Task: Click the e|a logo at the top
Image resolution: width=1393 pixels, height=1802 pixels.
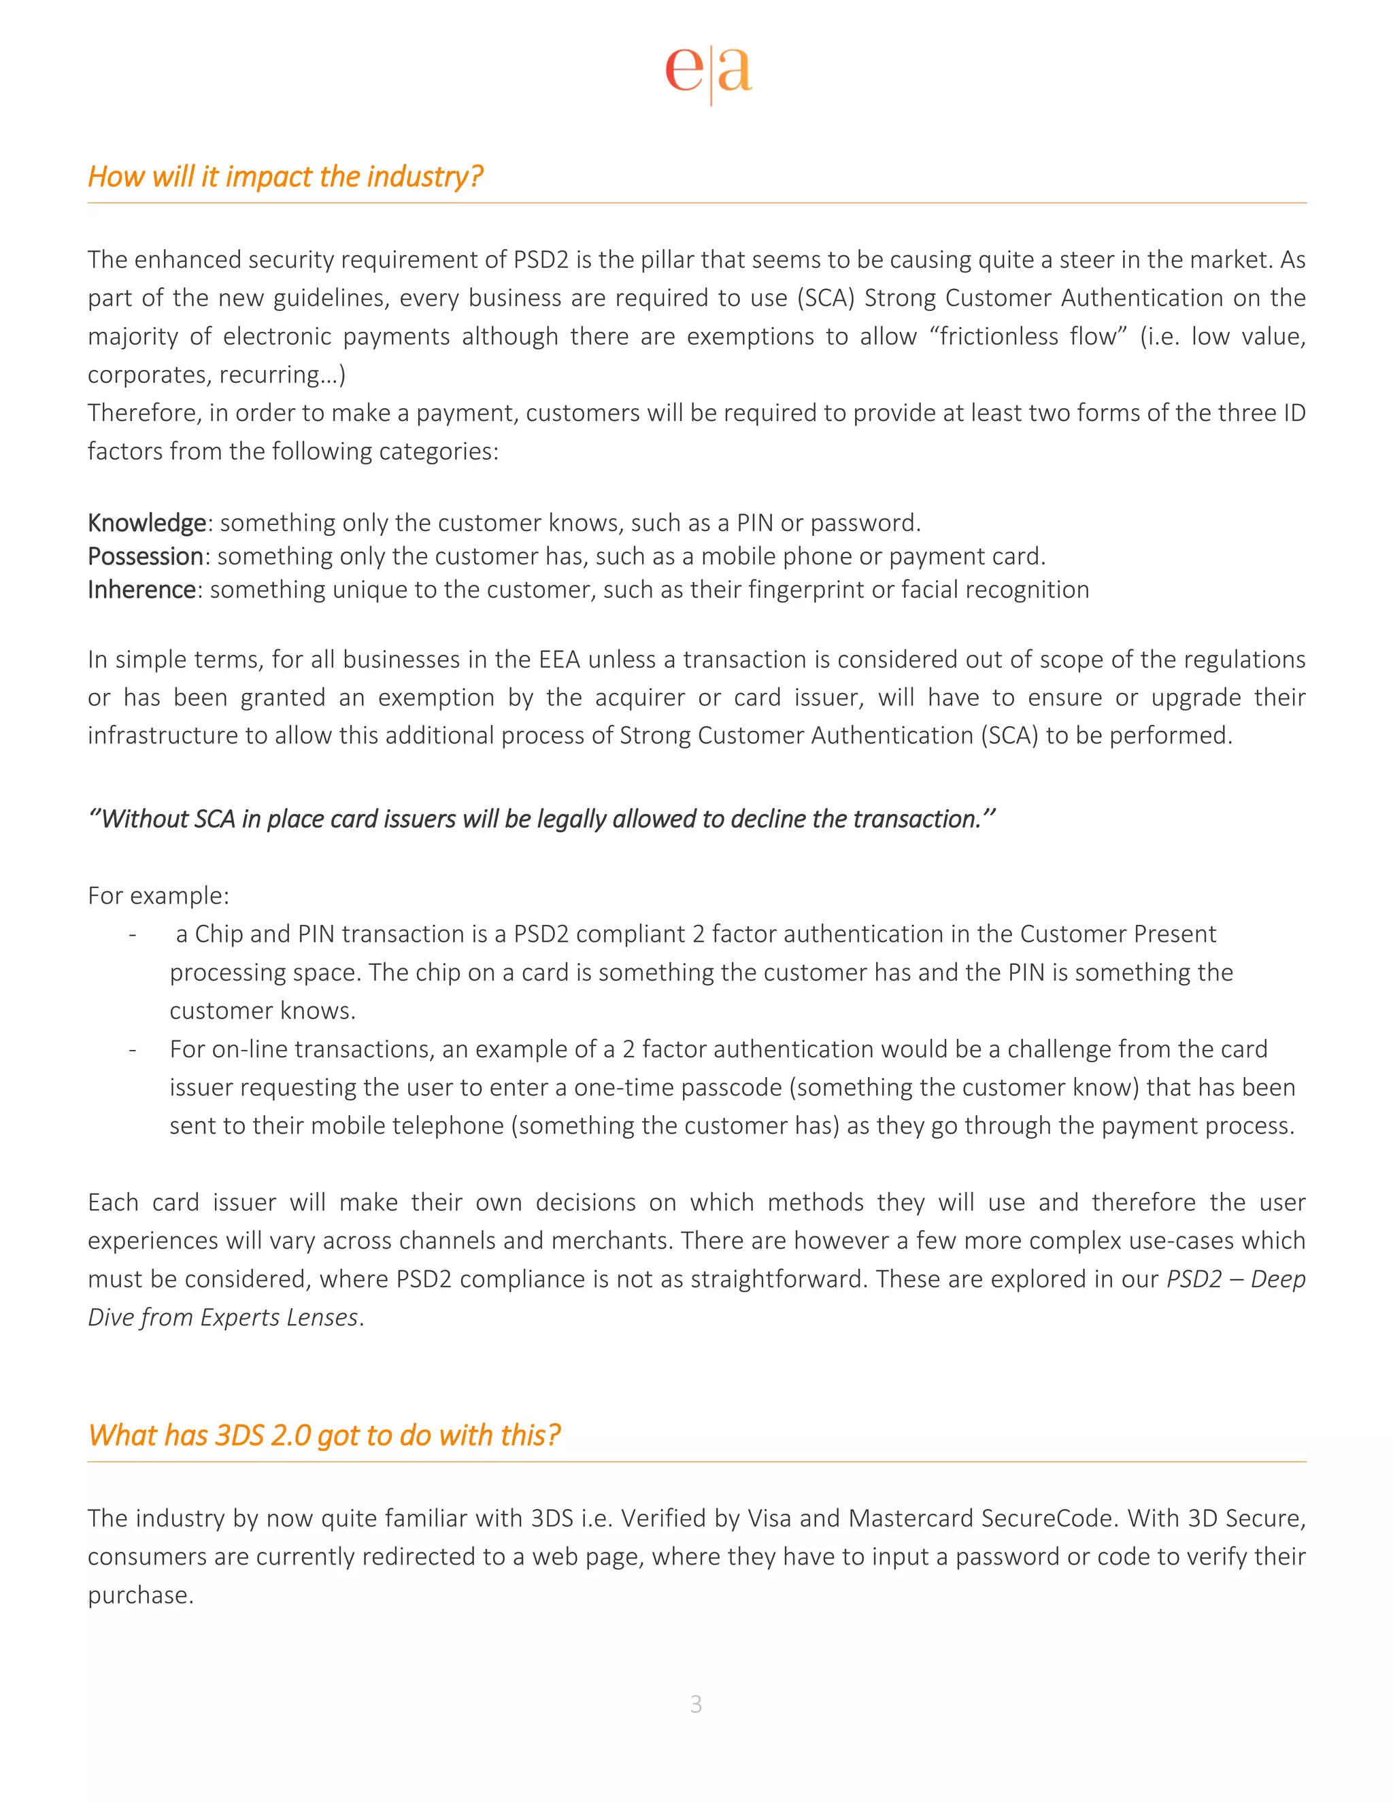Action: (708, 72)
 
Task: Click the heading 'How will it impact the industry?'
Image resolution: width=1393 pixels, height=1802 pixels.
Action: (285, 177)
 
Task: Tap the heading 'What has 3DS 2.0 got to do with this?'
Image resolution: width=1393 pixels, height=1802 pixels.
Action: (324, 1435)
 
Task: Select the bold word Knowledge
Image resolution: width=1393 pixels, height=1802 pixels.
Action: (146, 522)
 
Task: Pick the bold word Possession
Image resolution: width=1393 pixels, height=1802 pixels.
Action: (146, 556)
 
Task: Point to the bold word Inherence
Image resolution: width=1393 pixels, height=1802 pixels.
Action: (141, 589)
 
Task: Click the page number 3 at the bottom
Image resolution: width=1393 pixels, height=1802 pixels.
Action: (696, 1704)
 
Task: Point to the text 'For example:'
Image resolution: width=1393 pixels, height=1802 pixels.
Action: (158, 896)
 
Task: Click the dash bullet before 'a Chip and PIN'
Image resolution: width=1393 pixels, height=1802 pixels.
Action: (132, 934)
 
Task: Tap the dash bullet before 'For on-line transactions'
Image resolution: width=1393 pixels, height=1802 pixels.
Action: (132, 1049)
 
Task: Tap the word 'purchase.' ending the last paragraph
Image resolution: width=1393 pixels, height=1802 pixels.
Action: (140, 1595)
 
